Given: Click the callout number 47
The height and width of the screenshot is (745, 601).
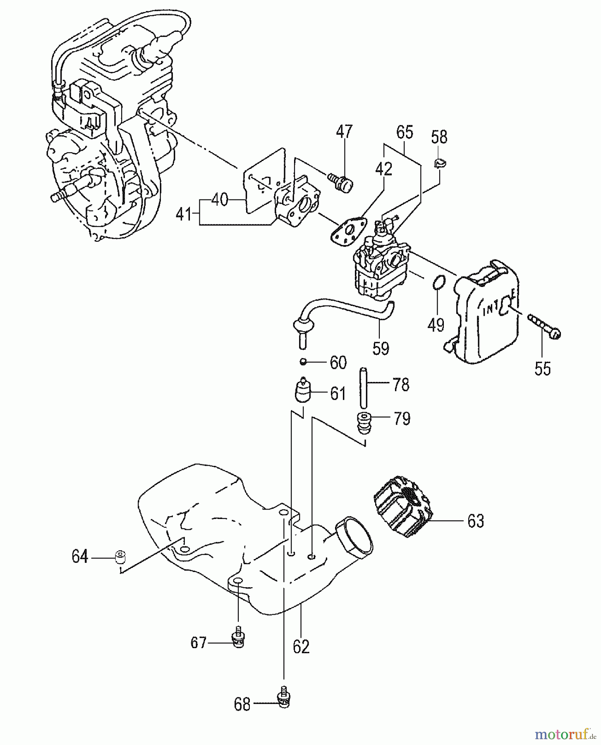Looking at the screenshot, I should click(x=344, y=132).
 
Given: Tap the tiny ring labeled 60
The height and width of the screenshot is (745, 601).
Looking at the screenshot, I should click(x=303, y=362).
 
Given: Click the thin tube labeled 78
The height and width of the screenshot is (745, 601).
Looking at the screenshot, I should click(x=364, y=387).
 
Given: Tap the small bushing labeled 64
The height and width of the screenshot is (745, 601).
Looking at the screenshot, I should click(x=120, y=557).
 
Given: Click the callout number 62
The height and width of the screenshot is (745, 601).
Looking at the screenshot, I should click(x=301, y=646).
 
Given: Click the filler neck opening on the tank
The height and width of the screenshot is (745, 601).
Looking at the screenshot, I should click(x=353, y=536).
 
